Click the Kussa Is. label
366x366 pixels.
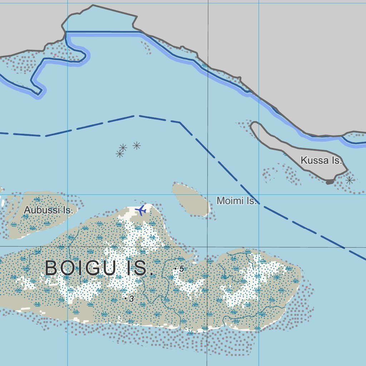321,160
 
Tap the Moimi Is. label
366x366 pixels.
237,201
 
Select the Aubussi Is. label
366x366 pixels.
48,210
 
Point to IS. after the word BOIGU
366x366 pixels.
140,268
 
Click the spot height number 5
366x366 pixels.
182,268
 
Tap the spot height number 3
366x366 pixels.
132,299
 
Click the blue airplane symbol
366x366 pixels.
142,210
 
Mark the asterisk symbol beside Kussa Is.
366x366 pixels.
350,180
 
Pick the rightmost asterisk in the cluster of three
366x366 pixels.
137,145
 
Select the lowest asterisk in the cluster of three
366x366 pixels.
120,154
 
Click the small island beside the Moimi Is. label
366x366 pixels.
191,199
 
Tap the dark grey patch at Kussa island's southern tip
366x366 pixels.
330,182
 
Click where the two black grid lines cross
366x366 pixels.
208,247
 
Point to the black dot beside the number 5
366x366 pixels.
175,268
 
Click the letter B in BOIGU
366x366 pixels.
52,268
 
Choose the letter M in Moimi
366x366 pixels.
221,201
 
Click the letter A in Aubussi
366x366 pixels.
27,210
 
